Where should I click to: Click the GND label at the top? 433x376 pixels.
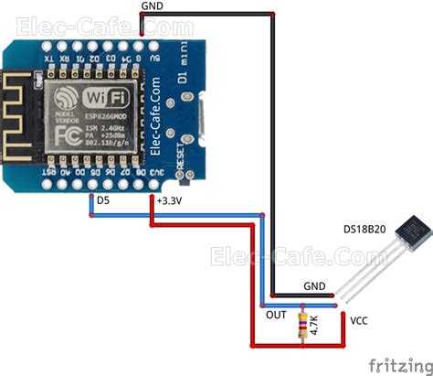tap(153, 7)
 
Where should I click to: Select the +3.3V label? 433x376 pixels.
tap(168, 199)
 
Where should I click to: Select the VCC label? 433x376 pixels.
tap(360, 320)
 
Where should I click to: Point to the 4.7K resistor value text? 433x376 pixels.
tap(317, 327)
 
